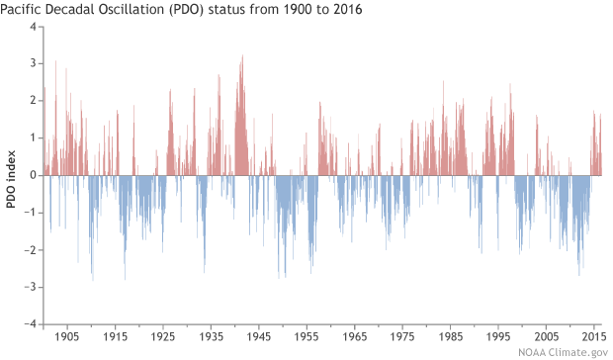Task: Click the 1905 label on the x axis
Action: pos(67,336)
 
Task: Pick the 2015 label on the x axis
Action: pos(593,336)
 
